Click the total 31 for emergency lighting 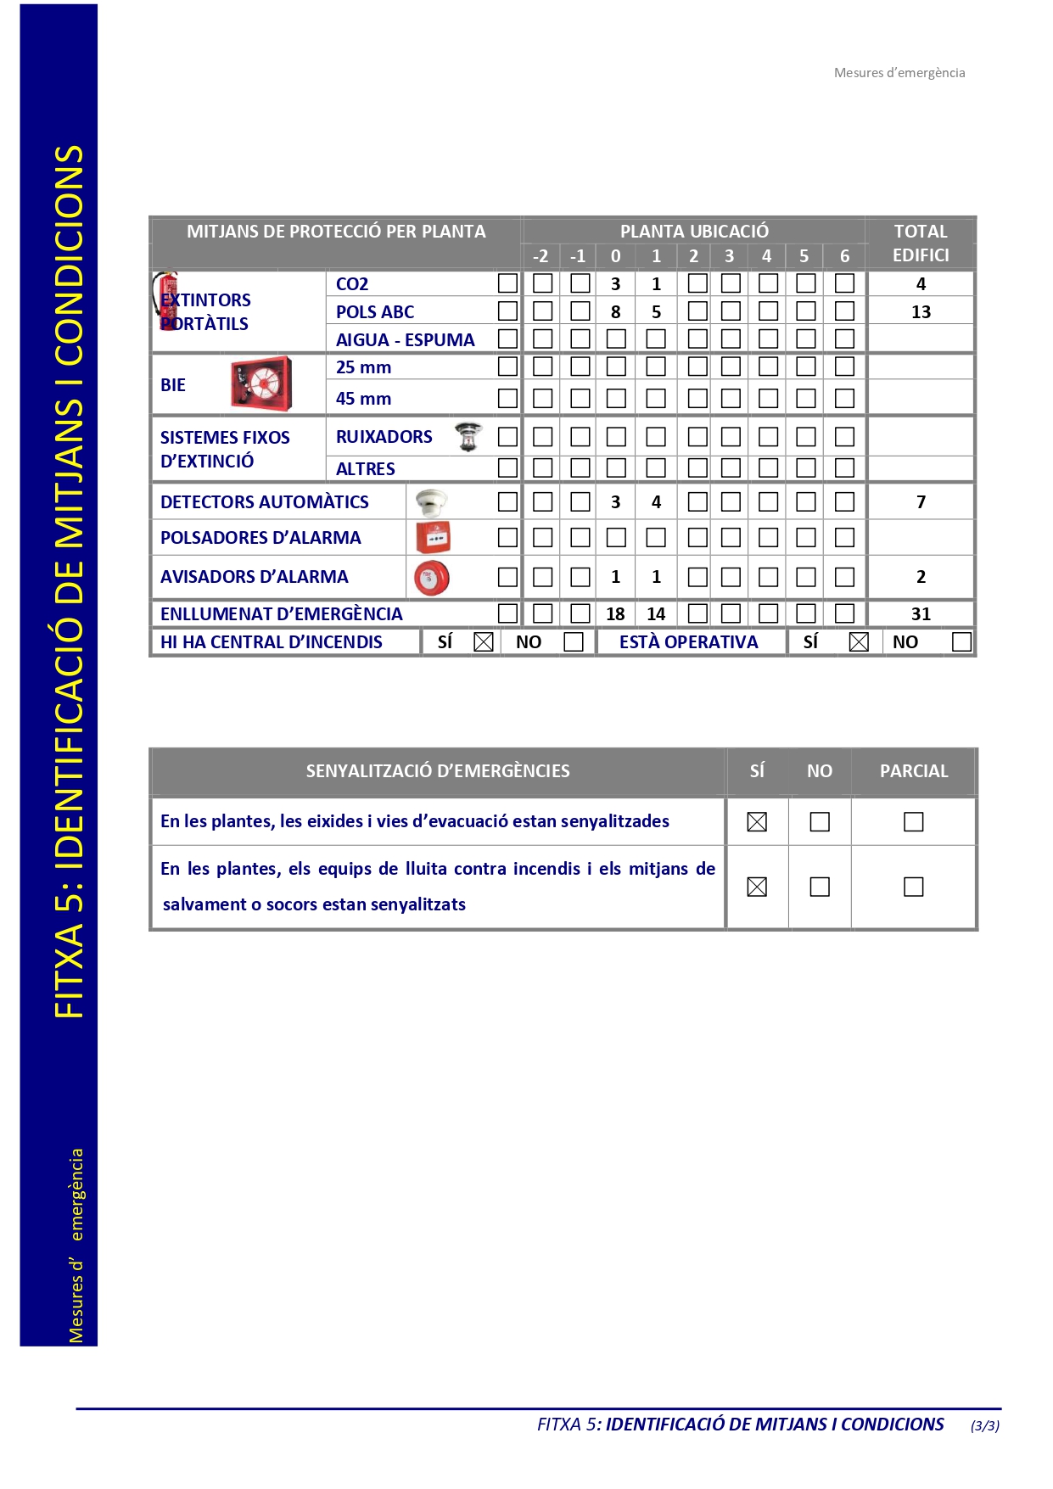921,613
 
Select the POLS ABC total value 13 921,311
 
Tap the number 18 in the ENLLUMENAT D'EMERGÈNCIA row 615,613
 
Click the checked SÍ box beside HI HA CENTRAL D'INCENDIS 484,642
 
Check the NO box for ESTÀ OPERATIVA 961,642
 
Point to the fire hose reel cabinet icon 261,383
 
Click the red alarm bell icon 431,578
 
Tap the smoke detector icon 431,501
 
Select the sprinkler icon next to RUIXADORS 468,436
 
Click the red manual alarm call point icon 433,537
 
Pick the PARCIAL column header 913,771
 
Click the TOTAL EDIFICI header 921,243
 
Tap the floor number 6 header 844,256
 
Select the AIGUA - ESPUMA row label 405,340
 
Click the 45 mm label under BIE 363,399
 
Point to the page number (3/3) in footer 984,1425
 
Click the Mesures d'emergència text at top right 899,73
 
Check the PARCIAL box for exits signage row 913,821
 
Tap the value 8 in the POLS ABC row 615,311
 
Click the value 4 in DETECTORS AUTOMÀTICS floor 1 656,501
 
